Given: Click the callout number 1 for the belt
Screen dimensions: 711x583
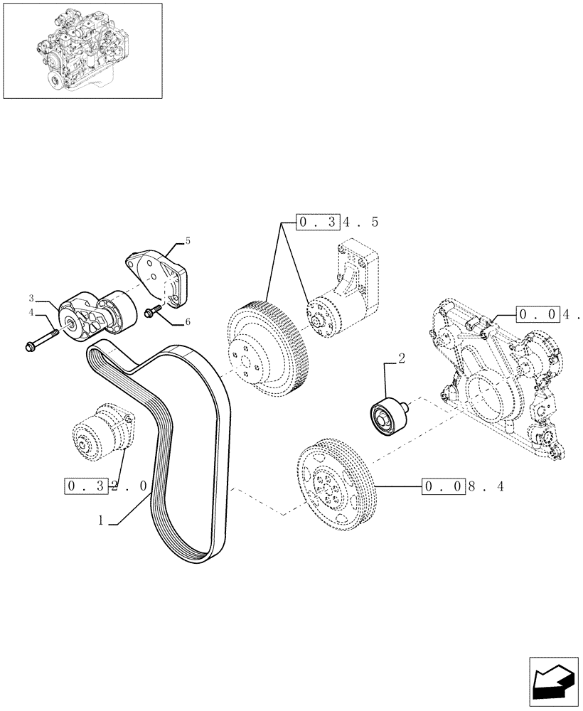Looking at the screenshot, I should click(102, 520).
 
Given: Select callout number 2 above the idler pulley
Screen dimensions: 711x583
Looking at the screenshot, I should click(401, 358).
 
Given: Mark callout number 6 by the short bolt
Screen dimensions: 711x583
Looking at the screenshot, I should click(188, 322).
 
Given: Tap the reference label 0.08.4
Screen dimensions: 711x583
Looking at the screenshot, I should click(462, 487).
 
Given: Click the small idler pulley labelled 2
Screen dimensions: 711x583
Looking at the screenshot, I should click(387, 415).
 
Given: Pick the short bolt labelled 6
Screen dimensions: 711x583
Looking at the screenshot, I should click(154, 310).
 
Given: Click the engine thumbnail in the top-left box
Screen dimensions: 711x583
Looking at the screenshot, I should click(81, 50).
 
